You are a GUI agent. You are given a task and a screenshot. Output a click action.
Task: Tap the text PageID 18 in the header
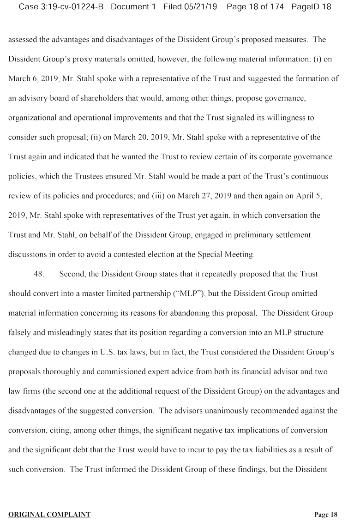(x=312, y=7)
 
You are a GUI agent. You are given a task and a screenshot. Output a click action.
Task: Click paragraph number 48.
(x=39, y=274)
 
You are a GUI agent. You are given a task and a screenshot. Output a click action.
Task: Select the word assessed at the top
(x=22, y=39)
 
